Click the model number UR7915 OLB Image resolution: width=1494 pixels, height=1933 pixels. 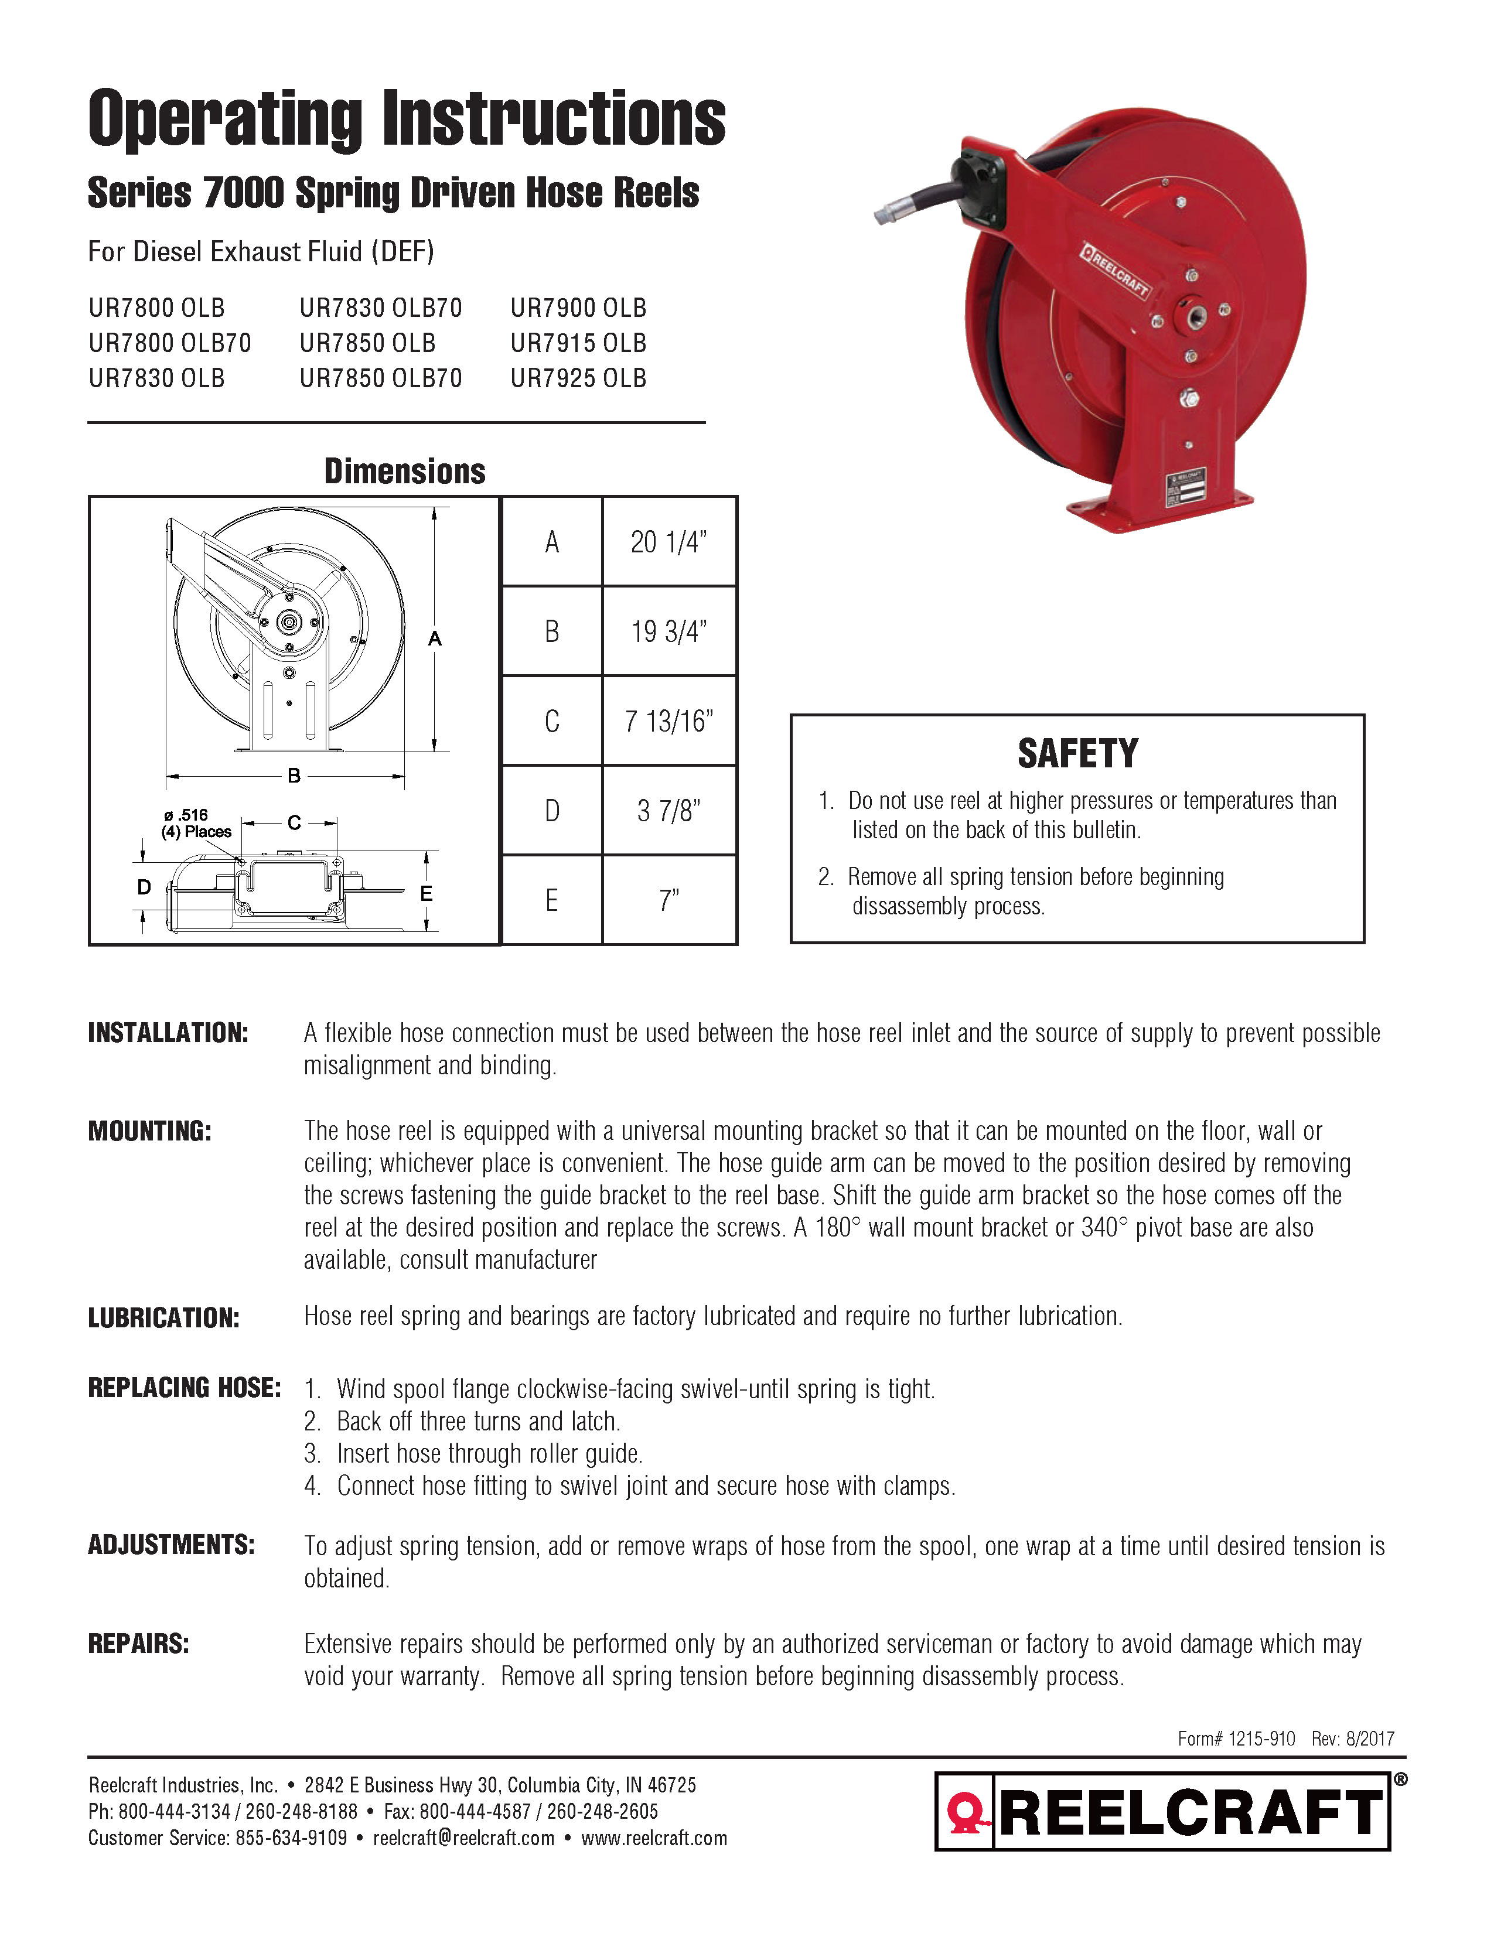coord(578,343)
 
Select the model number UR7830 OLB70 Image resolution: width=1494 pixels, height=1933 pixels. coord(381,308)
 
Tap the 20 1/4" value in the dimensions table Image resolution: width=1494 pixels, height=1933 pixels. coord(668,542)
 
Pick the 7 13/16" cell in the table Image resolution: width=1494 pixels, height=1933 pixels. coord(668,721)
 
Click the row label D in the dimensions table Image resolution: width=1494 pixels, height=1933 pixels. coord(551,811)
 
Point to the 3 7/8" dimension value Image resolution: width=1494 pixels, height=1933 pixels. coord(668,811)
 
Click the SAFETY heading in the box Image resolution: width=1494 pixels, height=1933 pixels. coord(1077,754)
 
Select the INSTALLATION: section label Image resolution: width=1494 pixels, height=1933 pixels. coord(168,1033)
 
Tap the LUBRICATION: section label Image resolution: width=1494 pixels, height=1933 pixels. coord(163,1318)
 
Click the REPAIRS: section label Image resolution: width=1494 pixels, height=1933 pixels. coord(139,1644)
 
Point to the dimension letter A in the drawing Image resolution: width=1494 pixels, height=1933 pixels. coord(435,639)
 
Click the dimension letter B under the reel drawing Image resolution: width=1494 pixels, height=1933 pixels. coord(294,776)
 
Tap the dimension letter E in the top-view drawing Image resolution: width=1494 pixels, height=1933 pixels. coord(426,894)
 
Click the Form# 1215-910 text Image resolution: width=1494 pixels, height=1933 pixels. coord(1236,1739)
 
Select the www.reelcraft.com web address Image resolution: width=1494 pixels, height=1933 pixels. coord(654,1838)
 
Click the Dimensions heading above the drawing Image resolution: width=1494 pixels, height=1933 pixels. coord(404,472)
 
